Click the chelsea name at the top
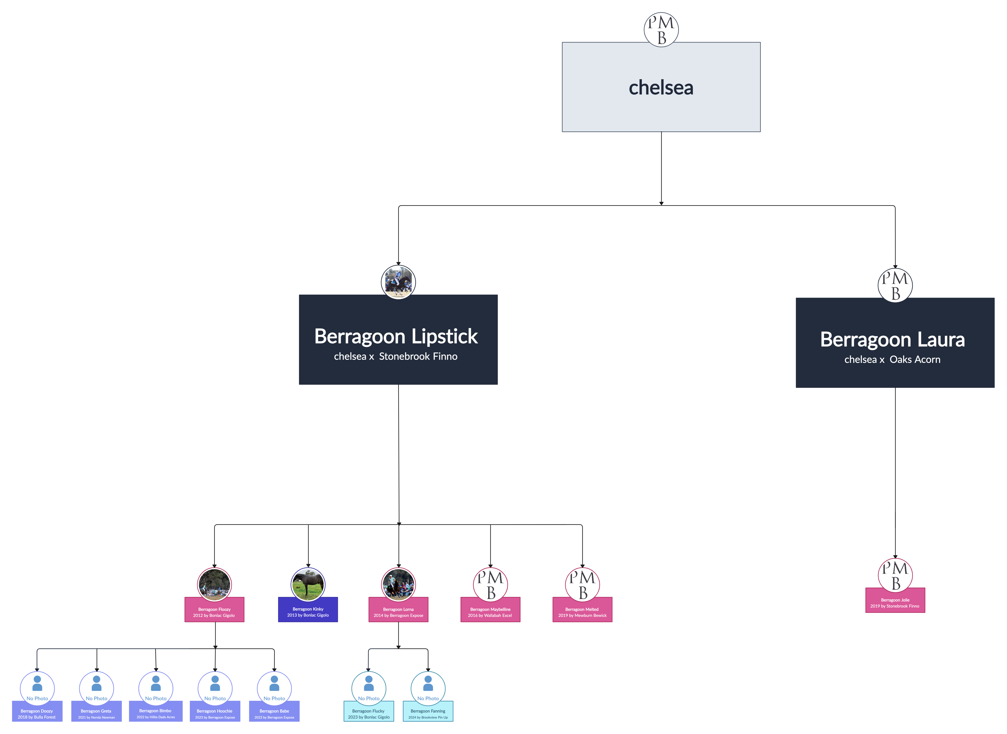pyautogui.click(x=661, y=87)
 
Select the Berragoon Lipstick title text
pyautogui.click(x=396, y=336)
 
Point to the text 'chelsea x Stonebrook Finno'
pyautogui.click(x=396, y=356)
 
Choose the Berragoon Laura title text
pyautogui.click(x=892, y=339)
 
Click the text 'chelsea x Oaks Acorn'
pyautogui.click(x=892, y=359)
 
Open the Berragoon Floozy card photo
pyautogui.click(x=214, y=584)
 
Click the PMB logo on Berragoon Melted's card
pyautogui.click(x=582, y=584)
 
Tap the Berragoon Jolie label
pyautogui.click(x=895, y=600)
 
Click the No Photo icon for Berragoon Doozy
pyautogui.click(x=37, y=688)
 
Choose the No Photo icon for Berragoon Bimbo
pyautogui.click(x=155, y=688)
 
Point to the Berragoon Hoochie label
pyautogui.click(x=215, y=711)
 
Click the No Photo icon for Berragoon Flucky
pyautogui.click(x=369, y=688)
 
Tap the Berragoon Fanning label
pyautogui.click(x=428, y=711)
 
